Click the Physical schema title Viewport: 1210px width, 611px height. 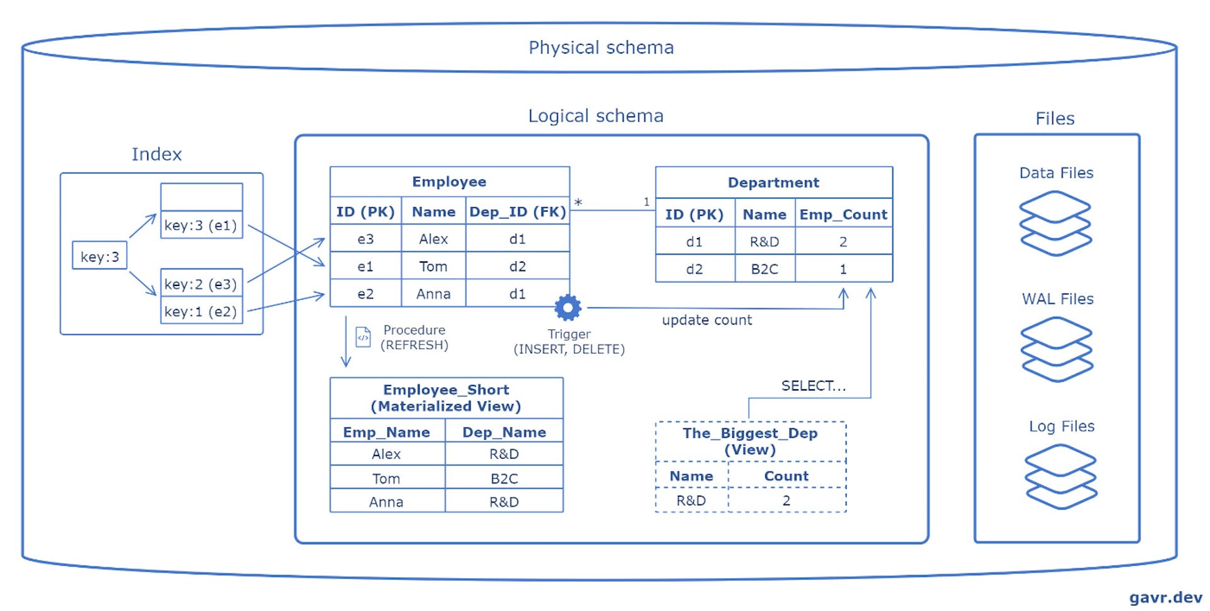coord(601,48)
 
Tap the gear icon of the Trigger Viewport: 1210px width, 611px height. coord(568,307)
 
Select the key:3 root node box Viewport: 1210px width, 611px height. coord(100,256)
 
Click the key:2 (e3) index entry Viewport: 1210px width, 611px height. coord(201,283)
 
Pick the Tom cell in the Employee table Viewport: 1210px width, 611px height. coord(433,266)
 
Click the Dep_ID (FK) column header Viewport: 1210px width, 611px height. coord(517,212)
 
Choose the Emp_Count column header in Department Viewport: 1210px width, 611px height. coord(843,214)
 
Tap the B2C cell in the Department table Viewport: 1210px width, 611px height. coord(764,269)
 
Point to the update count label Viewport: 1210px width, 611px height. coord(706,320)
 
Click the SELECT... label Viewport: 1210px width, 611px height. coord(813,385)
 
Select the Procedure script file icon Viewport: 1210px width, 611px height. coord(363,337)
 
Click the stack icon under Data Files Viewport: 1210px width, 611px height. coord(1055,223)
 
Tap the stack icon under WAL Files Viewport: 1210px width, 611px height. coord(1056,349)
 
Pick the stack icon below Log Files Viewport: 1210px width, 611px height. coord(1061,476)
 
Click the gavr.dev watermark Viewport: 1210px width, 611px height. coord(1165,597)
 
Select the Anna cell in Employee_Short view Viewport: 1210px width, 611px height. coord(386,502)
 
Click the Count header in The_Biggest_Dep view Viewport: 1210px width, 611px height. coord(786,476)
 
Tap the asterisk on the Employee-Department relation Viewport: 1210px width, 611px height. coord(578,202)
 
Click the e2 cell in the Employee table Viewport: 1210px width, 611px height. coord(366,294)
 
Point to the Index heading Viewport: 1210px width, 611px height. coord(156,154)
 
